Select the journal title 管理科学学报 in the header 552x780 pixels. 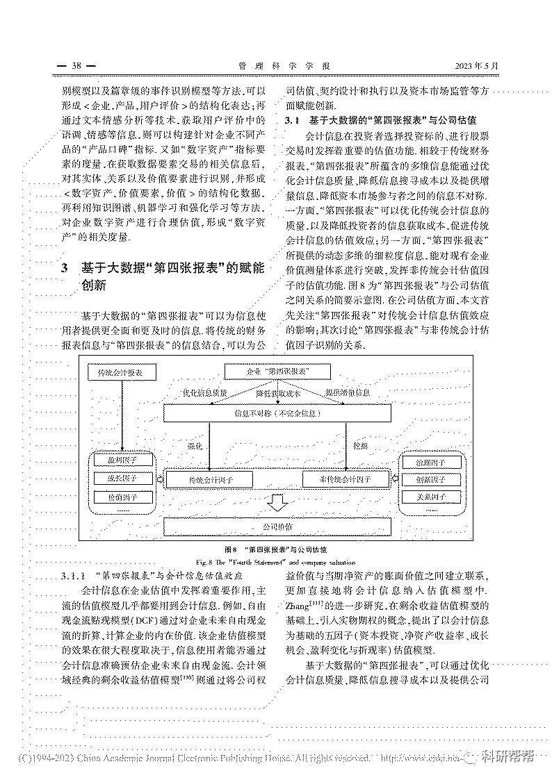(x=283, y=66)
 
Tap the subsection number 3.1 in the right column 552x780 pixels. (x=292, y=120)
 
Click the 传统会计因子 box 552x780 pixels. (x=210, y=480)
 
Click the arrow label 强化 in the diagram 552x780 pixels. (x=195, y=446)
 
